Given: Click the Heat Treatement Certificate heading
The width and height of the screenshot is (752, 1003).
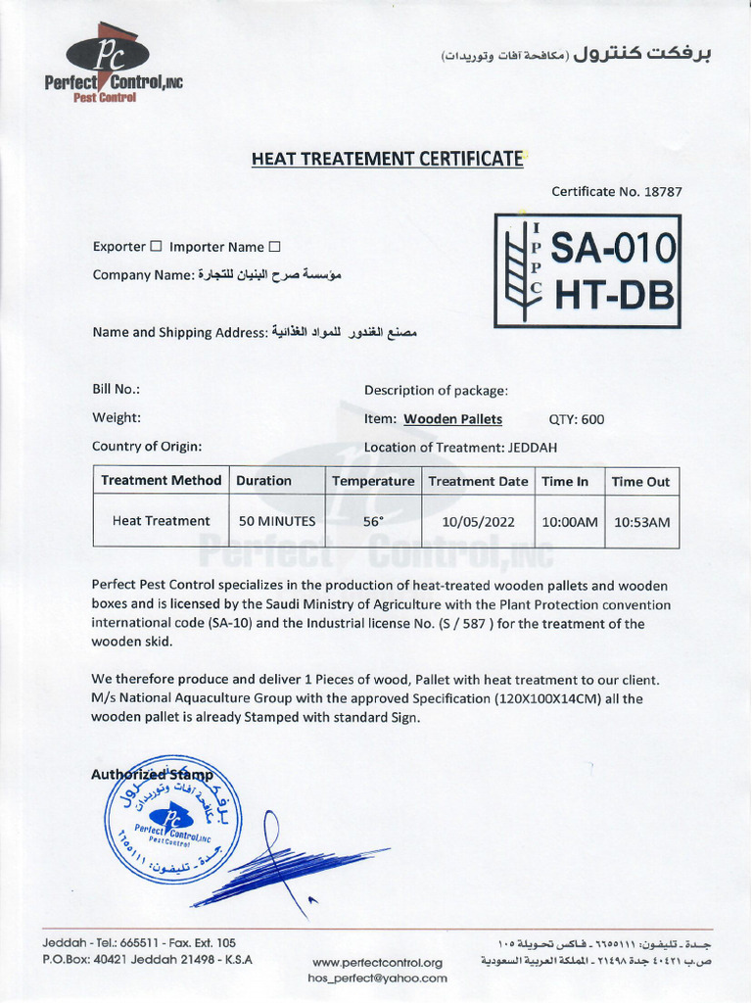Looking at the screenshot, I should point(388,159).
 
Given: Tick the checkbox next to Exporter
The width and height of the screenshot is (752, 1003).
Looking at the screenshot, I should point(156,247).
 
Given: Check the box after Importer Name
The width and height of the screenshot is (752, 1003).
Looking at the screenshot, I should point(274,247).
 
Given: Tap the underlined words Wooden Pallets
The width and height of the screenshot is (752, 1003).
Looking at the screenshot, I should point(453,419).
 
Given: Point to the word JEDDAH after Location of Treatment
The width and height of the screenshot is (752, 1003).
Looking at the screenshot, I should point(534,447).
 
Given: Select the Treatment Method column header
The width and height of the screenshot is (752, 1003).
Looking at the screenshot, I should point(161,481).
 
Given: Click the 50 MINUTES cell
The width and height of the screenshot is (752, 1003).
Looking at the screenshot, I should point(277,522).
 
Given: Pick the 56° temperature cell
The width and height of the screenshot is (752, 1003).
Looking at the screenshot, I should point(373,522).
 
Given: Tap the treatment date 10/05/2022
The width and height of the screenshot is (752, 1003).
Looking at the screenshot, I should point(479,522).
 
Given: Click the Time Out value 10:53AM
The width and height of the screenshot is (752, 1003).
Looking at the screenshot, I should point(641,522).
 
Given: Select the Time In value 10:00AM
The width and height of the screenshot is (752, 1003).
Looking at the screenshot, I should point(570,522).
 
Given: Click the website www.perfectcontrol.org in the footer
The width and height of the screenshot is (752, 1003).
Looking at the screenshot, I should point(377,962).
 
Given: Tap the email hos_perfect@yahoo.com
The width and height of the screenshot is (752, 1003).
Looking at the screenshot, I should point(377,978).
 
